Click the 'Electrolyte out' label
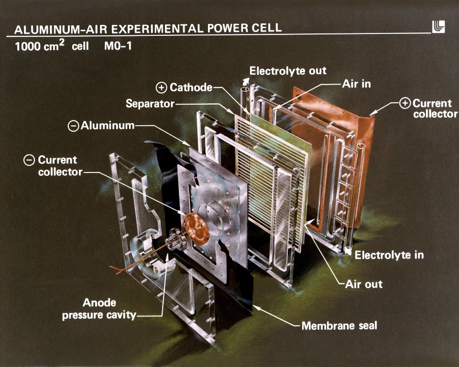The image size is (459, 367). [x=288, y=71]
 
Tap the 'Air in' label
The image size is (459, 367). [x=356, y=84]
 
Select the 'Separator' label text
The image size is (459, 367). [x=150, y=103]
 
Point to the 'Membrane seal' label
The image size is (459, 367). [x=339, y=326]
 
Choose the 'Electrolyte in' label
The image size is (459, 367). [x=389, y=255]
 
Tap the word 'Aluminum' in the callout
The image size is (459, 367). [x=108, y=126]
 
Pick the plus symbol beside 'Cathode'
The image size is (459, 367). [x=162, y=87]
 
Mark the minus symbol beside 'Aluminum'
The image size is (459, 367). [x=73, y=126]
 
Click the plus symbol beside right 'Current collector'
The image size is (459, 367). [x=404, y=104]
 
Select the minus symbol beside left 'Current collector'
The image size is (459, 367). [x=29, y=160]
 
